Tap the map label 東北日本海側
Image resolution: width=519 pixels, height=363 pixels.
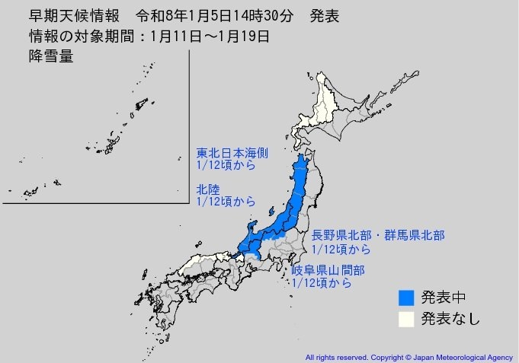[232, 152]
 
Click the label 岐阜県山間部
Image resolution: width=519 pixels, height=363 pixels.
[328, 270]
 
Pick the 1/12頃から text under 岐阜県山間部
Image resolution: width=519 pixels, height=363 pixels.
[322, 283]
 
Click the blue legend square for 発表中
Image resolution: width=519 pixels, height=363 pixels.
[408, 297]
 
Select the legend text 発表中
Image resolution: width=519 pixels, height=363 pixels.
[444, 297]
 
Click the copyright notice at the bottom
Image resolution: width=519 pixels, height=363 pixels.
[409, 356]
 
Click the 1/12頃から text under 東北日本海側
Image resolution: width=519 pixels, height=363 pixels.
[225, 165]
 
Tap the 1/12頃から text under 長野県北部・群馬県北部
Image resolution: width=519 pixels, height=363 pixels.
[341, 249]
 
